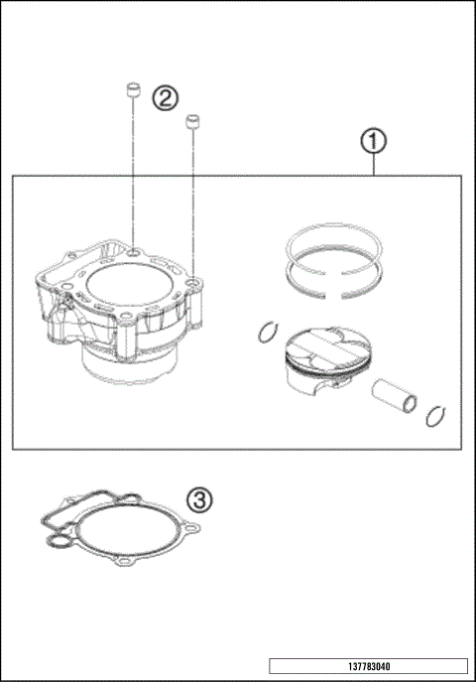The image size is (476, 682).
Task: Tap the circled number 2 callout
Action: (x=165, y=97)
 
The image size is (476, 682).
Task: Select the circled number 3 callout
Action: (x=199, y=499)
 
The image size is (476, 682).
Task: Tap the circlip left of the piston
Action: (x=267, y=333)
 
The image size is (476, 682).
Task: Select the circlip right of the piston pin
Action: (x=433, y=415)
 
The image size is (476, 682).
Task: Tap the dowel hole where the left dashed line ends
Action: (x=132, y=259)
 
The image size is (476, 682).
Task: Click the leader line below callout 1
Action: (x=373, y=165)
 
